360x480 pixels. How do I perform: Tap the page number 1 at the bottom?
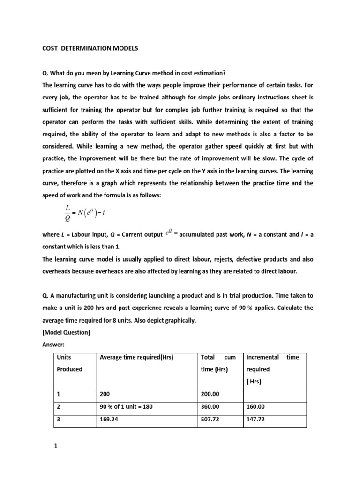point(55,446)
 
